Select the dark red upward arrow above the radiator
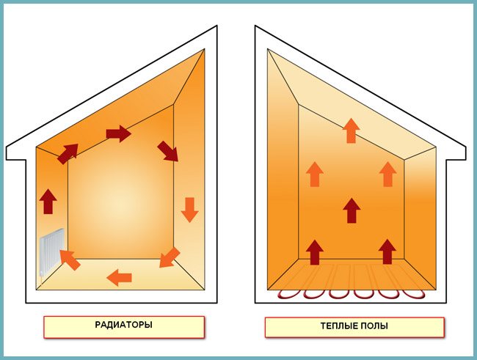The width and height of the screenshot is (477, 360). click(x=48, y=200)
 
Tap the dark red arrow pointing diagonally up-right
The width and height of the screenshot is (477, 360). click(x=68, y=153)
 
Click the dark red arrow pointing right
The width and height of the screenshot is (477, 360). click(x=118, y=133)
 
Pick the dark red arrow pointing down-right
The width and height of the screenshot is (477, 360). click(x=167, y=151)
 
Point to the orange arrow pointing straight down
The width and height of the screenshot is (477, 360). click(x=189, y=209)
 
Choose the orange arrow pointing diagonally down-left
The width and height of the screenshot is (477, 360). click(x=169, y=257)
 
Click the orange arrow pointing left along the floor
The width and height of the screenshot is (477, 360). click(x=119, y=277)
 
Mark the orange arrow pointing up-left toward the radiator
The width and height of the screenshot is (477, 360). click(x=69, y=259)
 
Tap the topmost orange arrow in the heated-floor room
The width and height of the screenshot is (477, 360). click(x=352, y=130)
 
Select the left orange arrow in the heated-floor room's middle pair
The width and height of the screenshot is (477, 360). click(x=315, y=174)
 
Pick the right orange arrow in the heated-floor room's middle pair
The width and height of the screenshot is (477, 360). click(x=387, y=174)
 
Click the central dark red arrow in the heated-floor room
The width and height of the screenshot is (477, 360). click(x=352, y=210)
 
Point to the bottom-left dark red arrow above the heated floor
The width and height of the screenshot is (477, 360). click(x=315, y=251)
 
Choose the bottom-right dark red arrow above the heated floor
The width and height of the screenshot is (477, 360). click(x=387, y=251)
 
